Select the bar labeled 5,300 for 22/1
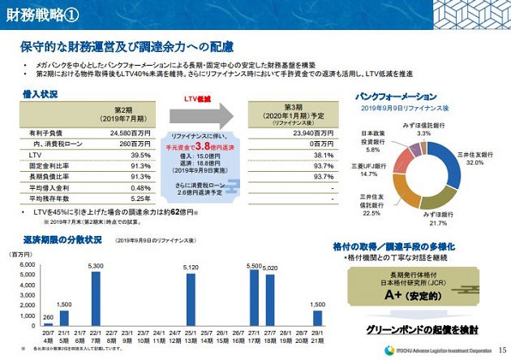pos(96,296)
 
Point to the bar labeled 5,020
pos(270,298)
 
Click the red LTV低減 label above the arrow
pos(199,98)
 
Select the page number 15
pos(502,350)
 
